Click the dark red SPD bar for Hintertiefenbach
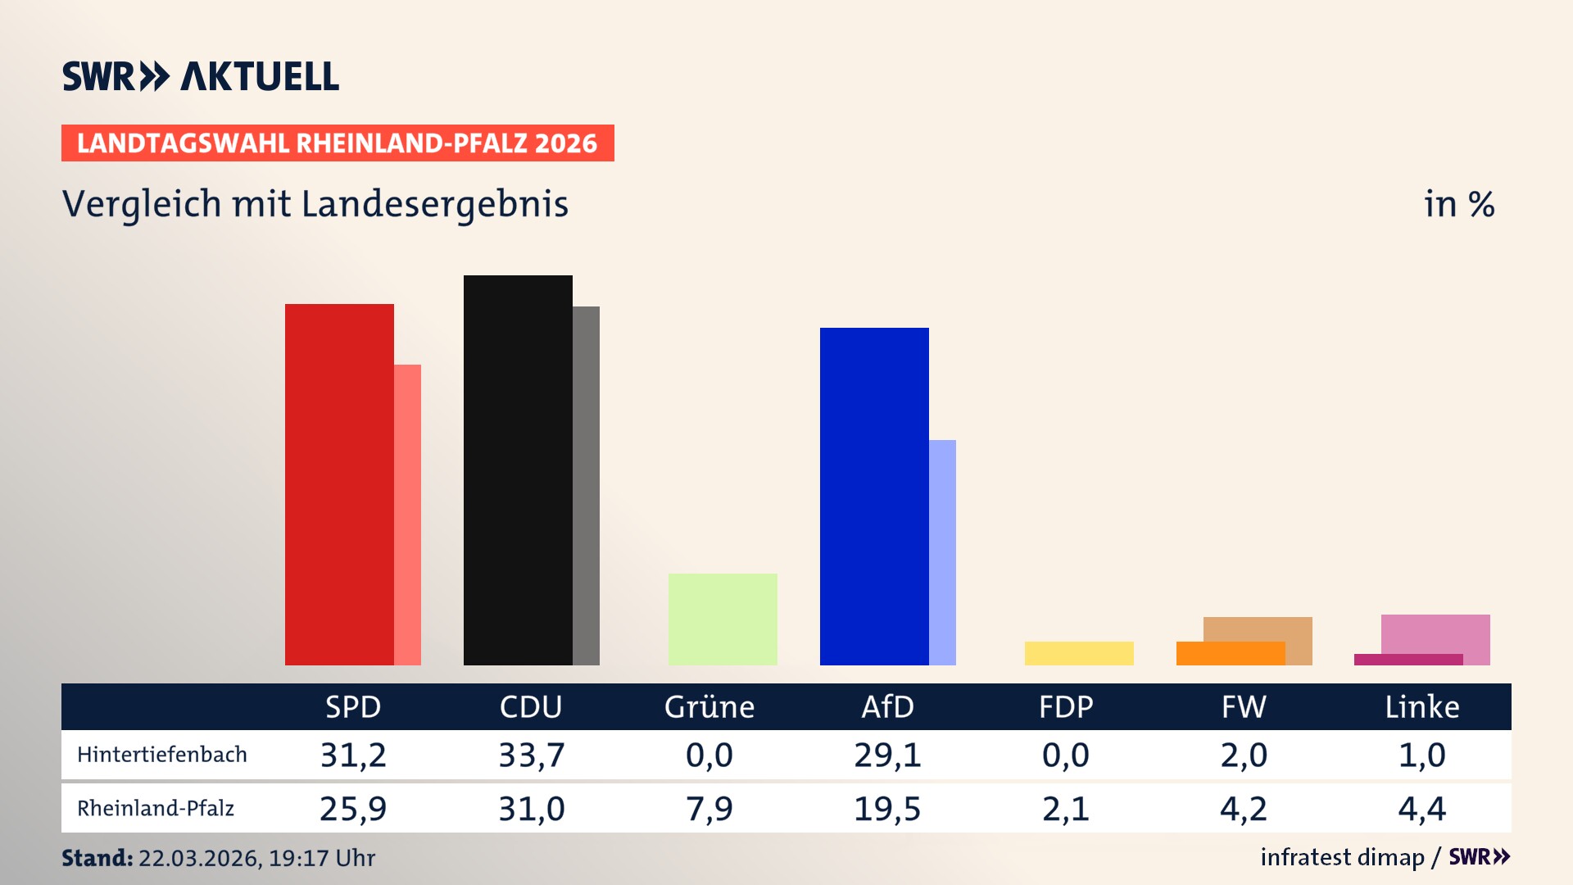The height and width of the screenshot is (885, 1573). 339,483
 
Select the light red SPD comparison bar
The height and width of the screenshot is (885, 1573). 408,515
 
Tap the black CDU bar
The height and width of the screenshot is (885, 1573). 518,470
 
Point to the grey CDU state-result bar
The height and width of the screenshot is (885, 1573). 587,485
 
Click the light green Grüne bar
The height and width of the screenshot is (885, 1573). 723,619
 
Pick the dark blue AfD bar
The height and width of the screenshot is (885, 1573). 874,496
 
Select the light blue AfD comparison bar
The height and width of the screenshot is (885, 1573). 943,551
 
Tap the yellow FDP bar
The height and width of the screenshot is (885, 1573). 1079,653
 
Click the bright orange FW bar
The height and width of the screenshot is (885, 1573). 1229,654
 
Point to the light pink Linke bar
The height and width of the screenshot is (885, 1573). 1435,633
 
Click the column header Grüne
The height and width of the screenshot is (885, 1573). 709,707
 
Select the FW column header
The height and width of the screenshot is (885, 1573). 1244,707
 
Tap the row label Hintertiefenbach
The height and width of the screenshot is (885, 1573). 162,755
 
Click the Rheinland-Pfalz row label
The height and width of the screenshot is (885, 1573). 156,809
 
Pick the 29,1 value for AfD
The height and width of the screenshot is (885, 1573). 887,755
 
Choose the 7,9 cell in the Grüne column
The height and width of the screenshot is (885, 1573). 709,809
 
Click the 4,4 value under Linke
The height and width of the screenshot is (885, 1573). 1421,809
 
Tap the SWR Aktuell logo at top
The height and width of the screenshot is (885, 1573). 201,76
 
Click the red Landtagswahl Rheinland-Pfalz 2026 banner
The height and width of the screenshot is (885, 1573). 338,143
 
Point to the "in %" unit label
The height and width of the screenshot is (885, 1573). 1459,204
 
